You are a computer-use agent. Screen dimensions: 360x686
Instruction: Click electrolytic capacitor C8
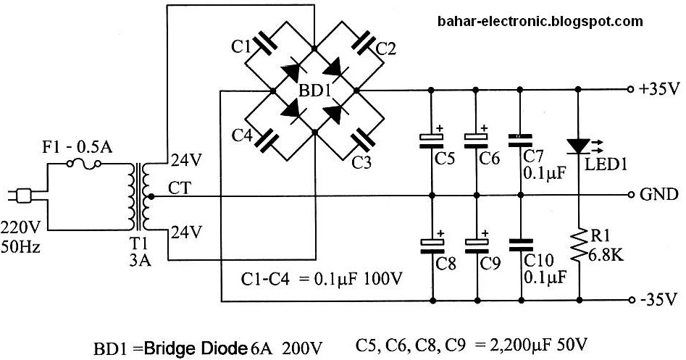(431, 244)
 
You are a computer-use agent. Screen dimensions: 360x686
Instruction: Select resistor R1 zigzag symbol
(578, 246)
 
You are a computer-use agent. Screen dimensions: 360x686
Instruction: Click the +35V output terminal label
(659, 90)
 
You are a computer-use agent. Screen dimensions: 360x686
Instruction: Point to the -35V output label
(659, 298)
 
